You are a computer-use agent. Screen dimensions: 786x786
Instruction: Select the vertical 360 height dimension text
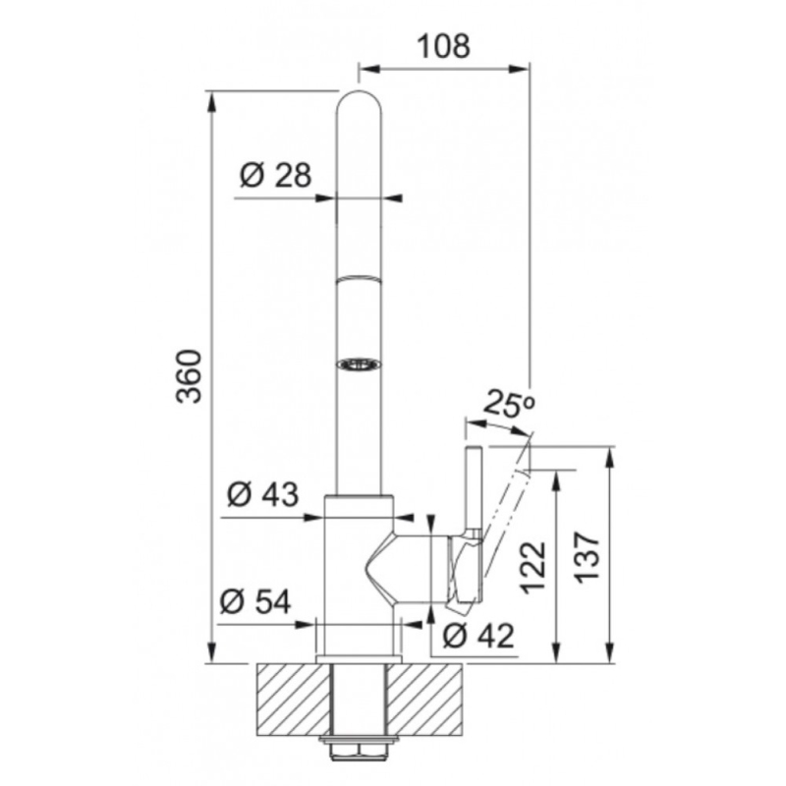pyautogui.click(x=190, y=376)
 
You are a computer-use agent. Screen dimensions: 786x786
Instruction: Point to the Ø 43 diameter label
pyautogui.click(x=261, y=495)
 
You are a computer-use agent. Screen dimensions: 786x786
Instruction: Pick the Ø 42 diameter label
pyautogui.click(x=478, y=637)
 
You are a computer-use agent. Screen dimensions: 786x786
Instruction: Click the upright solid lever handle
pyautogui.click(x=474, y=491)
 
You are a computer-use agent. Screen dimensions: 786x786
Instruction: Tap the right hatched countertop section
pyautogui.click(x=425, y=699)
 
